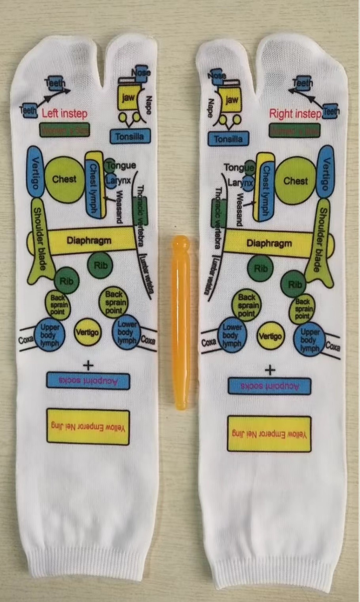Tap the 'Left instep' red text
tap(64, 114)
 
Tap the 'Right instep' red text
tap(295, 114)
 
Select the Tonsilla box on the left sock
tap(130, 136)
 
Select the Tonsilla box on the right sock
tap(228, 139)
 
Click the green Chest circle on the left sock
tap(64, 179)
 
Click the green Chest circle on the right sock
tap(295, 181)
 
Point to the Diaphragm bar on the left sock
tap(89, 240)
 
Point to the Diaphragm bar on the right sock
tap(269, 243)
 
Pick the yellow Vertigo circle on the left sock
tap(87, 332)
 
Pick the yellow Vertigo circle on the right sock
tap(270, 336)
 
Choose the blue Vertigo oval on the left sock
tap(35, 172)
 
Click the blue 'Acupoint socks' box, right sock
tap(269, 386)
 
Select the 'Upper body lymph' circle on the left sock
tap(49, 335)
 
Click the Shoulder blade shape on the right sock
tap(321, 245)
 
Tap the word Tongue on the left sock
tap(121, 166)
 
